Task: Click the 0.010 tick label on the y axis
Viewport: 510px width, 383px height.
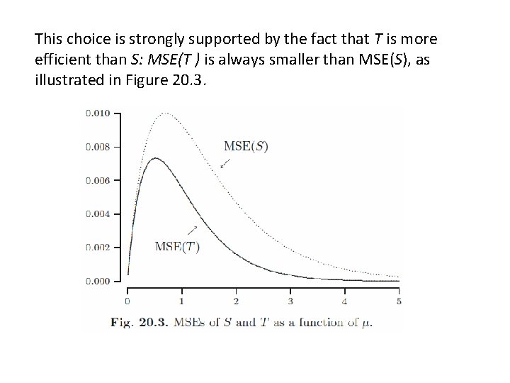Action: (98, 113)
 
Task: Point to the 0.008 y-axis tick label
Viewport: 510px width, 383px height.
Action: (98, 147)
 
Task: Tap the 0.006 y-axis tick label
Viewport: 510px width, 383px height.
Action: (98, 180)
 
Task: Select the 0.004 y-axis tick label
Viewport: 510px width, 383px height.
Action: (98, 214)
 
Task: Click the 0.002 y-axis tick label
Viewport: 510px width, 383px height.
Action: (98, 248)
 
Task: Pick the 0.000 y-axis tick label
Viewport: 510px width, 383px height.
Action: (98, 281)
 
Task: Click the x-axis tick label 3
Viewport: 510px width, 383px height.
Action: (290, 301)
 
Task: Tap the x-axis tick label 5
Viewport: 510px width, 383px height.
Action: (399, 301)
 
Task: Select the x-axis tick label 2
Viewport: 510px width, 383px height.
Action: (236, 301)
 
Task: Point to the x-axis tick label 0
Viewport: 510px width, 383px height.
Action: (127, 301)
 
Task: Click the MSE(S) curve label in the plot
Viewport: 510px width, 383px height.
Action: (246, 146)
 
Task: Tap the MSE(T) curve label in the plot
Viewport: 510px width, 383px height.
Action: (177, 247)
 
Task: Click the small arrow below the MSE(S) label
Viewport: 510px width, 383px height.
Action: (225, 164)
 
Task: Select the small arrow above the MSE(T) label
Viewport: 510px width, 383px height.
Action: (192, 231)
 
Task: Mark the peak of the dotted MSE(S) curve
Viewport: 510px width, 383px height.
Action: (166, 113)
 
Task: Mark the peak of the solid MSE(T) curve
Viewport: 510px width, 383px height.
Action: (155, 158)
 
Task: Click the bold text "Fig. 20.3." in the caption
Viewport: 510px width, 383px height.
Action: (140, 323)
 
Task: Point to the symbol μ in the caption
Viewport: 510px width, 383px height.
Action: (365, 323)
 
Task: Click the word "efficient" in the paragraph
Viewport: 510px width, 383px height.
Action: (63, 60)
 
